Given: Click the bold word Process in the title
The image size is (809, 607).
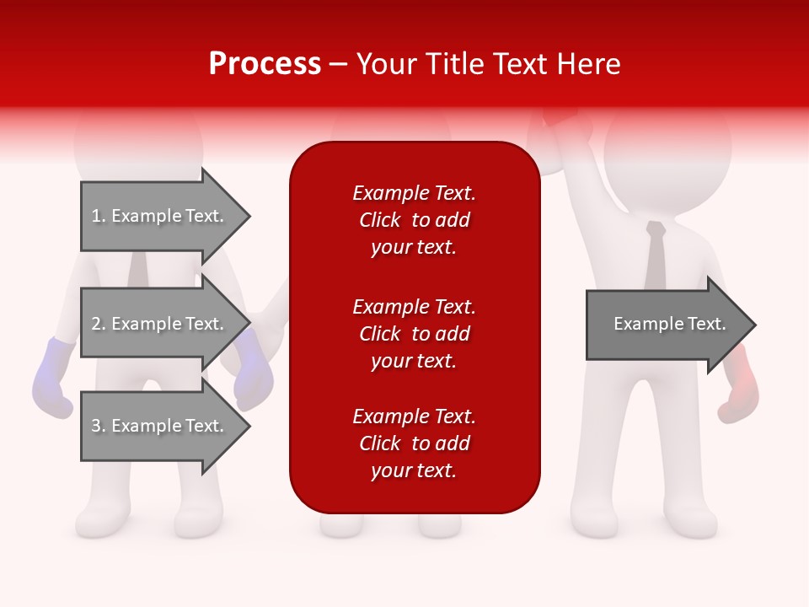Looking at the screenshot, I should [265, 64].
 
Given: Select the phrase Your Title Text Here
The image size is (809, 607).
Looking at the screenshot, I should [488, 64].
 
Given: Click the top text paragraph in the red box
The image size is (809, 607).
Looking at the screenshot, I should [414, 220].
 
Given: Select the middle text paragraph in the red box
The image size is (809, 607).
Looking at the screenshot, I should [414, 334].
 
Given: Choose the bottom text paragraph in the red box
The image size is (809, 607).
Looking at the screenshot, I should [414, 443].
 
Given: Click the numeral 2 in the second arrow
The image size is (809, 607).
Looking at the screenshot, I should [97, 324].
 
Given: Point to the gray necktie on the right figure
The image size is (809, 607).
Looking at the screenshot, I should [655, 257].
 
